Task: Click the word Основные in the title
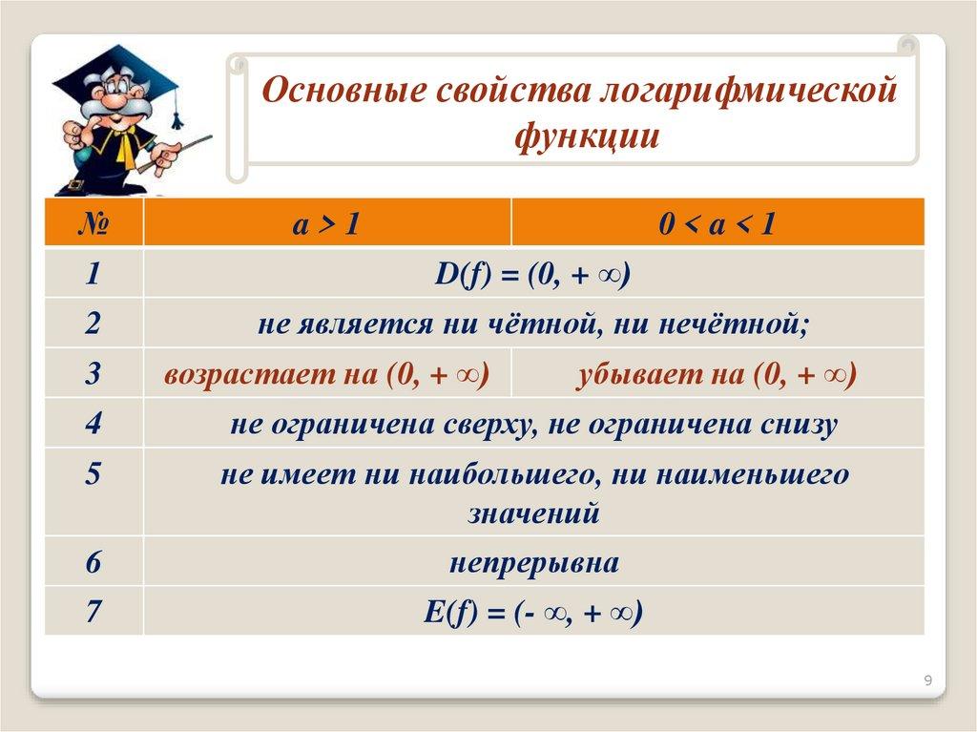coord(345,90)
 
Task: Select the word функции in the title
coord(587,136)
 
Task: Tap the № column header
coord(94,223)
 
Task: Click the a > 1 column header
coord(326,223)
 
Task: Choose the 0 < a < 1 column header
coord(717,223)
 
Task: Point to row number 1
coord(93,274)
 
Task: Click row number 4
coord(93,424)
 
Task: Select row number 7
coord(94,611)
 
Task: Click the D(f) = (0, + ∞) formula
coord(532,275)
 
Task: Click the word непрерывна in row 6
coord(534,564)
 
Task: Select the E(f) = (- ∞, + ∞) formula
coord(533,613)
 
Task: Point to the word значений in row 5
coord(534,514)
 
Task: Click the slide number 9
coord(927,680)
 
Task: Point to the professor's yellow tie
coord(127,147)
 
